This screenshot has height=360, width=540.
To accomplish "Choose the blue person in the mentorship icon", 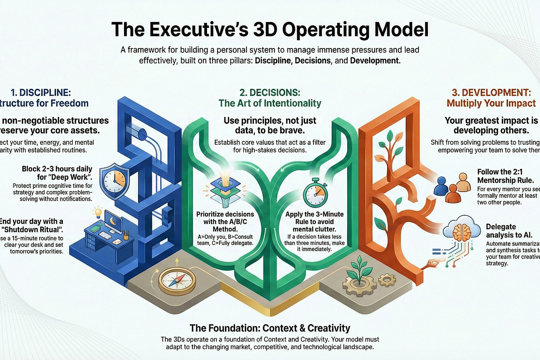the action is (x=442, y=186).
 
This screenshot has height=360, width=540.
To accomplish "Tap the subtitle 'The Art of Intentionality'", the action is (x=270, y=103).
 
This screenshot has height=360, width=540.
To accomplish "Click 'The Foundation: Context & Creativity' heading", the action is (x=270, y=328).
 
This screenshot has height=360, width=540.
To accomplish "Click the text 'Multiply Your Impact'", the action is (x=491, y=103).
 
